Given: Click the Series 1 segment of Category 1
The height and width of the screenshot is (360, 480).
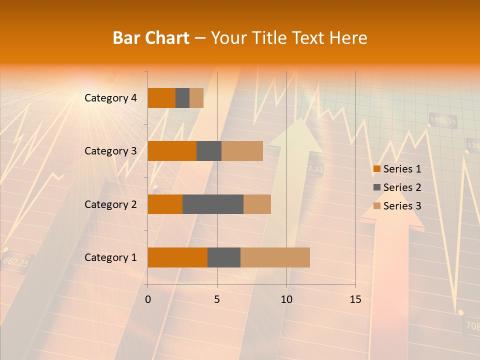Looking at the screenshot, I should click(x=177, y=257).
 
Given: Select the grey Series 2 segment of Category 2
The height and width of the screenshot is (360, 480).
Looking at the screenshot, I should click(x=213, y=204).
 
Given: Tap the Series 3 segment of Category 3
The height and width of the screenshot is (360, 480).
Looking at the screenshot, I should click(x=242, y=151).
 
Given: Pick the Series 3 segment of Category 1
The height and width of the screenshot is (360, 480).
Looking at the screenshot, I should click(x=275, y=257).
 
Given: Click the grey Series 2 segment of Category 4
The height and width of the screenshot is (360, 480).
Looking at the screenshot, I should click(x=182, y=98).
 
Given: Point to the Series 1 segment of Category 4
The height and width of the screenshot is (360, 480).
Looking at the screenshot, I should click(x=161, y=98).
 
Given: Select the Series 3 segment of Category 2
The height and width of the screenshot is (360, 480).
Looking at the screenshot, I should click(x=257, y=204).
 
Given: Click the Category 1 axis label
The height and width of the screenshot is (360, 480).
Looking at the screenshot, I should click(x=110, y=257).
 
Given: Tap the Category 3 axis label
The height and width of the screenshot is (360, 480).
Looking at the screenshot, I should click(x=110, y=151).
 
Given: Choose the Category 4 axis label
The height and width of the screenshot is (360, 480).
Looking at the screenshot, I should click(x=110, y=98).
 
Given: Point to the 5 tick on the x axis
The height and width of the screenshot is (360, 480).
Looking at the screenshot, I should click(x=217, y=299).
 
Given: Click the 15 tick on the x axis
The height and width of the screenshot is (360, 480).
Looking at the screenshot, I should click(x=355, y=299).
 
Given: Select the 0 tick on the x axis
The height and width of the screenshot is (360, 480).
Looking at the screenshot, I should click(x=148, y=299).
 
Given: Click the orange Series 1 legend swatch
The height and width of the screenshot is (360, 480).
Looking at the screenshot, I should click(x=376, y=169).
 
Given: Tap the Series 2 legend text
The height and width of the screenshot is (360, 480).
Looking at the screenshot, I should click(x=402, y=187).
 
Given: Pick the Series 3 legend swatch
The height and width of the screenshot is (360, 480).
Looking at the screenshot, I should click(x=376, y=206).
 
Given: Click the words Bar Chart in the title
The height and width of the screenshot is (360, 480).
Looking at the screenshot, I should click(x=151, y=37).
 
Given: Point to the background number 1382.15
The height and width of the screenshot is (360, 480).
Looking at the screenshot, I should click(x=443, y=120).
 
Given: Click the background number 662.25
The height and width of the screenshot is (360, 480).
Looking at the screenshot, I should click(x=15, y=261).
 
